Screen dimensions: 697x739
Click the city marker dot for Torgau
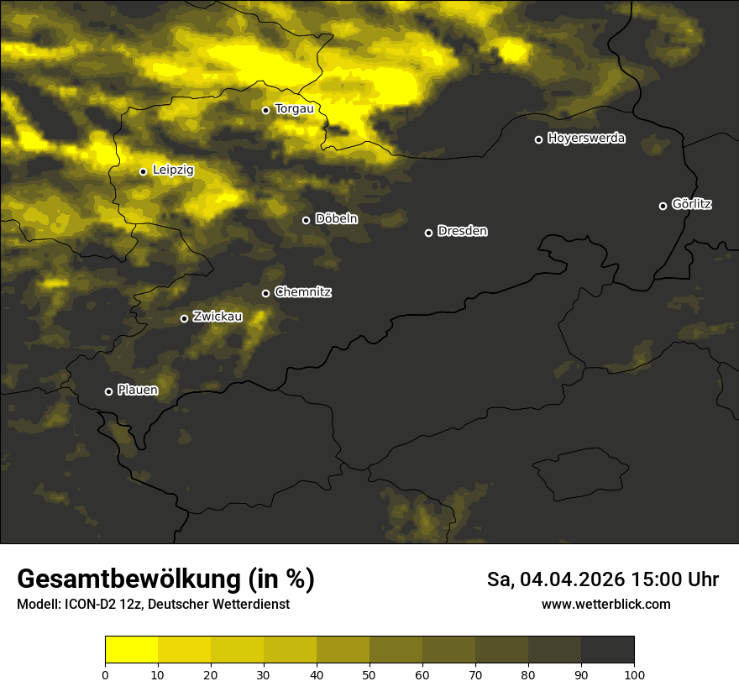tap(265, 110)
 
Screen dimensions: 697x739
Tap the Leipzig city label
tap(173, 170)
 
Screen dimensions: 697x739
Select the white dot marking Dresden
tap(428, 233)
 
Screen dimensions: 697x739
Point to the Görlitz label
tap(692, 204)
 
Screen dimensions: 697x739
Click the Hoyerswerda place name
tap(586, 139)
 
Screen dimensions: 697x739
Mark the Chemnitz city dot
tap(266, 293)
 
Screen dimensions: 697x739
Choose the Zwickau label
tap(218, 317)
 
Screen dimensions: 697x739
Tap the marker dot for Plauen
tap(108, 391)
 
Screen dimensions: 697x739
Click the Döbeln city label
tap(336, 219)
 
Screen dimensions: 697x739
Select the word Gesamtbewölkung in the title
tap(128, 579)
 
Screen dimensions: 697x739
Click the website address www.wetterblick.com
tap(606, 605)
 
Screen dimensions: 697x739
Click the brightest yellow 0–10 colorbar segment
tap(132, 650)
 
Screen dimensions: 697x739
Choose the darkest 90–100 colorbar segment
tap(607, 650)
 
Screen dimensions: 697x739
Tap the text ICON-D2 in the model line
tap(88, 605)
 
